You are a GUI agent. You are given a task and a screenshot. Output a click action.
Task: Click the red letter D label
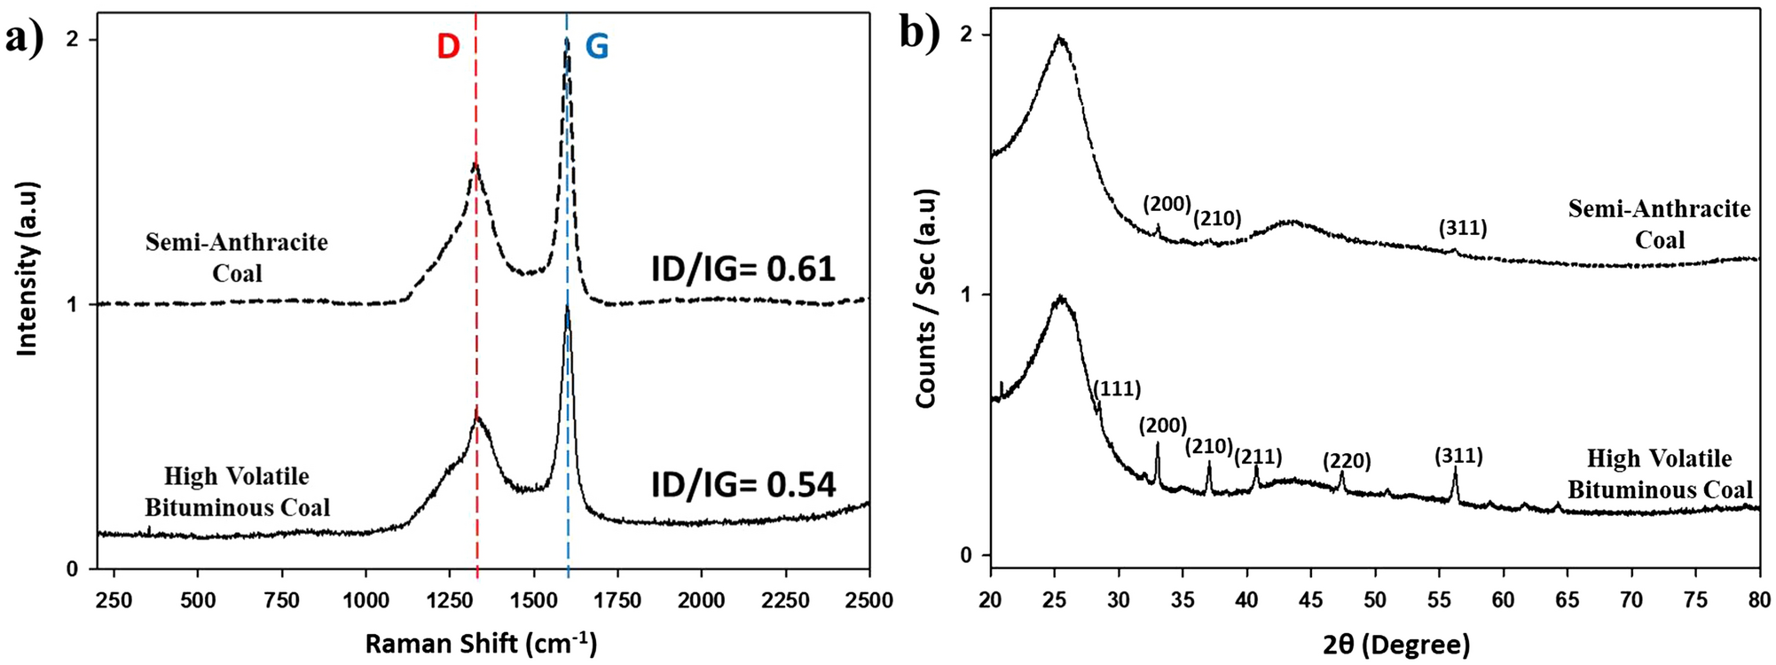(448, 46)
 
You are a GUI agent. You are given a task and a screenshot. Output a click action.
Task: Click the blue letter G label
(597, 46)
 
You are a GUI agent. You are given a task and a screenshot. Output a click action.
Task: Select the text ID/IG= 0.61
(743, 269)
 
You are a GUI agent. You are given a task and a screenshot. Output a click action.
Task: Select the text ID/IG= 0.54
(743, 484)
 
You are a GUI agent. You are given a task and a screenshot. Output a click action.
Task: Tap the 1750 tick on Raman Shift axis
(617, 600)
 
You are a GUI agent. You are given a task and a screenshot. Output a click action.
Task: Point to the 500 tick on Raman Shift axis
(197, 600)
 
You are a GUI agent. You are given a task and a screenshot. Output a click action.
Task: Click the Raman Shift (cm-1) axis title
(481, 643)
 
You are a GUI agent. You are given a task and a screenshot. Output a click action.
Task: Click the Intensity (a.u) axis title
(28, 270)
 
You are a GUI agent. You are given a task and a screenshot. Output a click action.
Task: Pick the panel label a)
(24, 38)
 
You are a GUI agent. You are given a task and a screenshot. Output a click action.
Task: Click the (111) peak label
(1117, 388)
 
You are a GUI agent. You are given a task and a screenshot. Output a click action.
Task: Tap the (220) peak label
(1347, 461)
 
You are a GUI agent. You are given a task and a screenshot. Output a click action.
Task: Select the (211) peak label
(1258, 457)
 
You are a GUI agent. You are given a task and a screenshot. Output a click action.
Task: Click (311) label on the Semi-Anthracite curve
(1463, 228)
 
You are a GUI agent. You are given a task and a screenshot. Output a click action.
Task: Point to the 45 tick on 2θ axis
(1311, 600)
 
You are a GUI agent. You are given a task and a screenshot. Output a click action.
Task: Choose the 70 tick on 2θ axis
(1631, 600)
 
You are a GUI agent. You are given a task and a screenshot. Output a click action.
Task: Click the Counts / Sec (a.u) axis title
(926, 299)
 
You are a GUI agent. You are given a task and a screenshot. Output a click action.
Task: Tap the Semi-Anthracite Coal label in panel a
(237, 257)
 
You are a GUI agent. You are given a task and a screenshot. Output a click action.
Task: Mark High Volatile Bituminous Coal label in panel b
(1659, 474)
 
